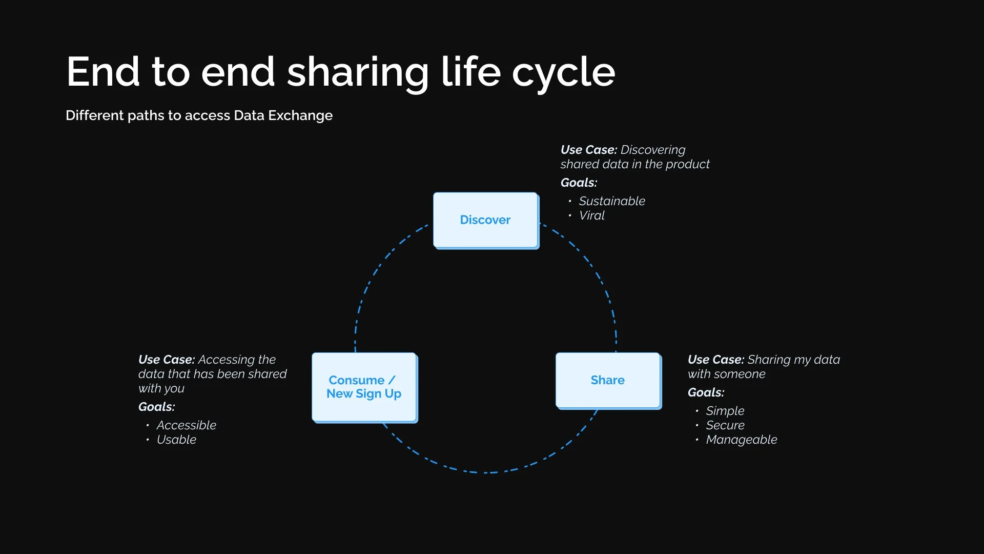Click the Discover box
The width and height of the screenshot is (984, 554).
485,220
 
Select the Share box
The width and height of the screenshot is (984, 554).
608,380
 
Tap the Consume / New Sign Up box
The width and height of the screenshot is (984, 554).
364,387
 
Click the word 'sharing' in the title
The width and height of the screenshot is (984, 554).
358,72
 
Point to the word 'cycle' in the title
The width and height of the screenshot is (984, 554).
563,72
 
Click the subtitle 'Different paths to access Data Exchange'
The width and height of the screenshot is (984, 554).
199,115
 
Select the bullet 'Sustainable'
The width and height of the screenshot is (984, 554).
612,201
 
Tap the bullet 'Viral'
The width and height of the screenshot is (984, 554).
592,215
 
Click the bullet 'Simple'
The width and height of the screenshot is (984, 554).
725,411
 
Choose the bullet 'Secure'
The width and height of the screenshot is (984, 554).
725,425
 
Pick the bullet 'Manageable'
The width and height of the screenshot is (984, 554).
742,440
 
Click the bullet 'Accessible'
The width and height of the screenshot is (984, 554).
187,425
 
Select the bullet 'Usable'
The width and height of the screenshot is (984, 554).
177,440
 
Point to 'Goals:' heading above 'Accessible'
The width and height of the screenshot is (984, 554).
157,407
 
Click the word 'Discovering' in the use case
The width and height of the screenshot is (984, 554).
653,150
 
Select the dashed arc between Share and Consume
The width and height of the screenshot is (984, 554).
487,472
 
